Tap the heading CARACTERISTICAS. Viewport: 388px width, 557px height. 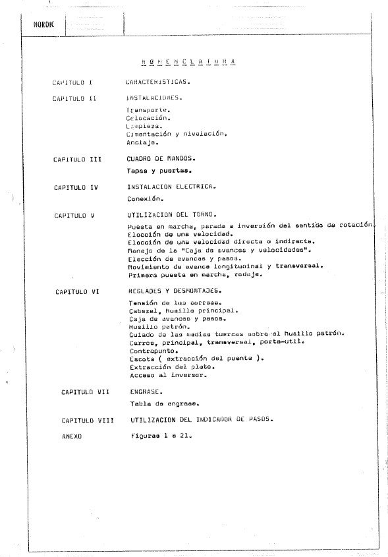point(159,83)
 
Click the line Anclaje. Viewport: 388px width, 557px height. point(143,142)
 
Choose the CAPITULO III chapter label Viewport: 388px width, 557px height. point(78,160)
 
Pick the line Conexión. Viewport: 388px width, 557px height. point(146,198)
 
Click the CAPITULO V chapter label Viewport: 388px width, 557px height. point(74,215)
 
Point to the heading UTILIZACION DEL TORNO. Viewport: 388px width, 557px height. point(172,215)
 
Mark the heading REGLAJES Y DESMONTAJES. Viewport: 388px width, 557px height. point(175,291)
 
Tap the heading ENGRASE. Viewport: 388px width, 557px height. point(144,392)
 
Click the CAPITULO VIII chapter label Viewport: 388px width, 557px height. point(88,420)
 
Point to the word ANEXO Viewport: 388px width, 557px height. point(70,436)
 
